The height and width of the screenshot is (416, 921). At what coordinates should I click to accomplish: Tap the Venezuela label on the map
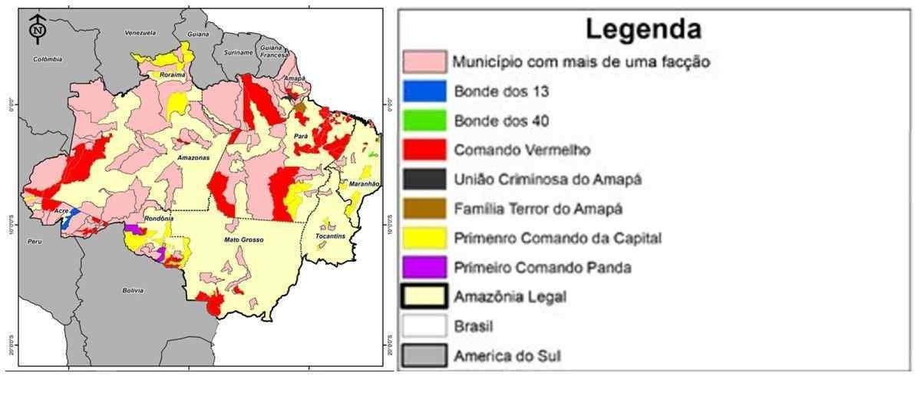point(140,33)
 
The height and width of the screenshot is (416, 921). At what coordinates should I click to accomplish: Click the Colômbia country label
point(48,58)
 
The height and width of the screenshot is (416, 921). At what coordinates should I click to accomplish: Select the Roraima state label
point(173,74)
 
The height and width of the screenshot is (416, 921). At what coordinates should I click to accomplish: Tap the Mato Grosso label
point(244,240)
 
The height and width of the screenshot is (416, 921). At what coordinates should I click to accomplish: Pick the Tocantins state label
point(331,236)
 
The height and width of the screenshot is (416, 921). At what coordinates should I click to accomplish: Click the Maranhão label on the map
point(364,185)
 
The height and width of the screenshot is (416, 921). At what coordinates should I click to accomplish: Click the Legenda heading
point(643,29)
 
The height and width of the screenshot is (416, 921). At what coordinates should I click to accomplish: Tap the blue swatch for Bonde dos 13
point(424,91)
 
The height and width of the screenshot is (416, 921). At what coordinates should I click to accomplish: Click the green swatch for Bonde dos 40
point(424,121)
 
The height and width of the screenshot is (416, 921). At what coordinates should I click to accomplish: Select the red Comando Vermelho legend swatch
point(424,150)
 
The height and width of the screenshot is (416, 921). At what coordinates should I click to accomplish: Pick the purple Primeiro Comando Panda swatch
point(424,267)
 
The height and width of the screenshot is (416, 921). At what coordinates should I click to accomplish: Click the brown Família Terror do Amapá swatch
point(424,208)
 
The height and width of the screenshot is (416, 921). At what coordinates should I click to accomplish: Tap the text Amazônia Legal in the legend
point(510,297)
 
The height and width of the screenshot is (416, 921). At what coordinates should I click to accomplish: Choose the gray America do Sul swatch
point(424,356)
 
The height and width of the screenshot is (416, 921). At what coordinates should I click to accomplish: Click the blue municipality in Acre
point(66,220)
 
